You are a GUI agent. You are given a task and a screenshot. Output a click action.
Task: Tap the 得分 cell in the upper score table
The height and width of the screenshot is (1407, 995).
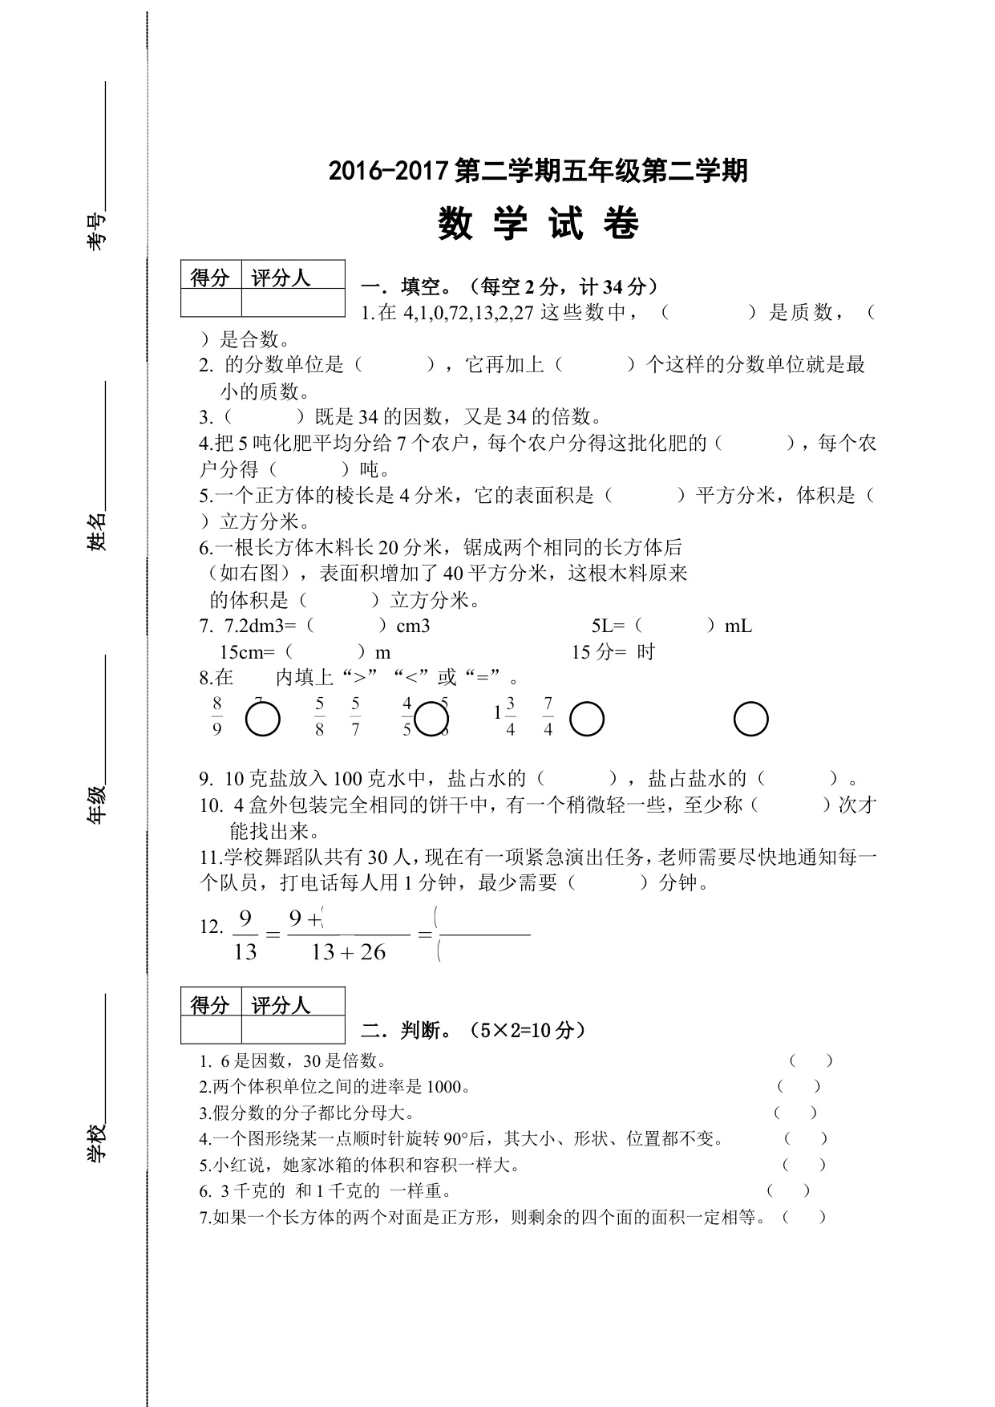(x=211, y=278)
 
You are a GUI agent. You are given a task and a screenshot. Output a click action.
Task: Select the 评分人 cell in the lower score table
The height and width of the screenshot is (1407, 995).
(x=281, y=1004)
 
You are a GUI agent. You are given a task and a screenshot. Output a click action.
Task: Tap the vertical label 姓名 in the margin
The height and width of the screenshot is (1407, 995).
(x=96, y=531)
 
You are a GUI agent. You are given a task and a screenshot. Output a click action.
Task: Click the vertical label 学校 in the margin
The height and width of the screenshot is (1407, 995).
(x=96, y=1142)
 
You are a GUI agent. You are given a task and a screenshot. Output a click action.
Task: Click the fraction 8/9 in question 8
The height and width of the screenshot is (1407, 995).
(x=216, y=716)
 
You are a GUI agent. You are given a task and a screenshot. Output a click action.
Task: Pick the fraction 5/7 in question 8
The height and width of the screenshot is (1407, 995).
(x=355, y=716)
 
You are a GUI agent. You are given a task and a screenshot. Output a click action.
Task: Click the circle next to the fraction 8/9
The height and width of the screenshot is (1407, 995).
(x=262, y=720)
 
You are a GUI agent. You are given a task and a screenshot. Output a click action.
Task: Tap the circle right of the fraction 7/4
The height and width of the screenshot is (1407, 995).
(x=586, y=719)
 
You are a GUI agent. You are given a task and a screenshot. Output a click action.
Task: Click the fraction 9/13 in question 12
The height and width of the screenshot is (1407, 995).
(x=245, y=935)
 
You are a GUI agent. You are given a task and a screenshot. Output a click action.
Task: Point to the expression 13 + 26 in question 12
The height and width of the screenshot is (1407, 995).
(x=349, y=953)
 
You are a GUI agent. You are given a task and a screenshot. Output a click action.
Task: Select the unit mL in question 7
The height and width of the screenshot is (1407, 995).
(x=738, y=626)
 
